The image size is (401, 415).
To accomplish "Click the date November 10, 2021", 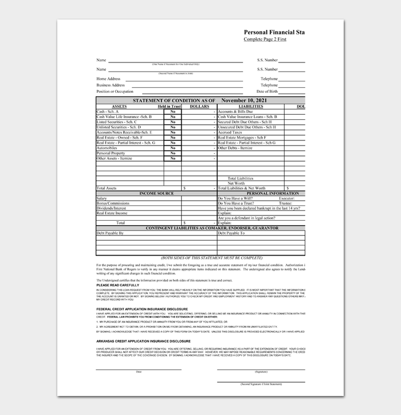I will (x=246, y=100).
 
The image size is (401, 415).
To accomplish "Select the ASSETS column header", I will (x=120, y=106).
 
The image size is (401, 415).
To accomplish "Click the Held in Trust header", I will (x=169, y=106).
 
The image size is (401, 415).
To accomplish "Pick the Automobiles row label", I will (x=107, y=148).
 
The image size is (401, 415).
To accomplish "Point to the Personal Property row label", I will (x=111, y=153).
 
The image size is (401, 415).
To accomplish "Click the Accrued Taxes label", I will (x=229, y=132).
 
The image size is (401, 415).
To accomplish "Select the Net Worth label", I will (x=244, y=183).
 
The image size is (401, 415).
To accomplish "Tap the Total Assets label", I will (x=107, y=188).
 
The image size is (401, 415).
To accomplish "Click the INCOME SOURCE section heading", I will (x=156, y=193).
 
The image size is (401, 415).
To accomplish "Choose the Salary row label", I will (x=102, y=198).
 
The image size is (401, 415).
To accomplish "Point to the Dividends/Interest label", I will (x=111, y=208).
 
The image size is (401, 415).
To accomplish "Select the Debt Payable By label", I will (x=110, y=233).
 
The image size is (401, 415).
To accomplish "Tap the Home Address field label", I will (x=108, y=79).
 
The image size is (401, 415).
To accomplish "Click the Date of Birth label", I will (x=267, y=92).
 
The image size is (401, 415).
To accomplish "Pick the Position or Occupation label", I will (x=115, y=92).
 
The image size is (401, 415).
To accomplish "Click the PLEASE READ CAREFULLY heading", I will (x=118, y=285).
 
